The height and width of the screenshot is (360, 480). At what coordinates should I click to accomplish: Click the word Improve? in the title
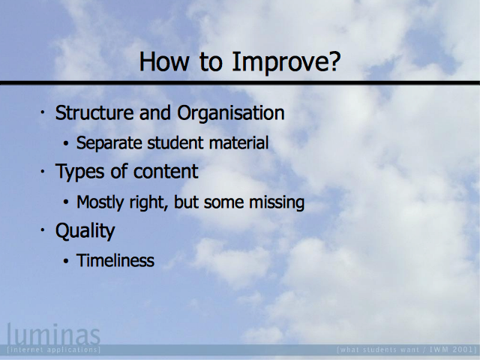tap(286, 62)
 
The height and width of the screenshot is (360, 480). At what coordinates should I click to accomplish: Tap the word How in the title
tap(163, 61)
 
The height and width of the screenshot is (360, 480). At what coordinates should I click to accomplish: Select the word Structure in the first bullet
tap(94, 112)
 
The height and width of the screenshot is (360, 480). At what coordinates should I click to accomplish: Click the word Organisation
tap(231, 114)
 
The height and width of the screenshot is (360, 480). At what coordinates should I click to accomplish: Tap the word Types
tap(80, 172)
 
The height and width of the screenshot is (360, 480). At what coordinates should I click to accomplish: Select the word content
tap(166, 172)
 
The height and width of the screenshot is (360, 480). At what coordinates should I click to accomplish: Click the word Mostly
tap(100, 202)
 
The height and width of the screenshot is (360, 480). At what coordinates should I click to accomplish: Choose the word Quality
tap(85, 231)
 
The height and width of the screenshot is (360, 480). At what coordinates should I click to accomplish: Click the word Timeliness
tap(115, 260)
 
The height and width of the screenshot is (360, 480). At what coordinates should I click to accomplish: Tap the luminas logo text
tap(53, 334)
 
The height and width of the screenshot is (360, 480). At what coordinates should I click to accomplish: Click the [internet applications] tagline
tap(53, 349)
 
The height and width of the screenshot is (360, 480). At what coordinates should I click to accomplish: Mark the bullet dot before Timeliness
tap(66, 261)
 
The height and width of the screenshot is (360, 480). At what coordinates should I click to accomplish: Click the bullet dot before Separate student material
tap(66, 143)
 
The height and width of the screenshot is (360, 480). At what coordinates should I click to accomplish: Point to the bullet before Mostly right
tap(66, 202)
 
